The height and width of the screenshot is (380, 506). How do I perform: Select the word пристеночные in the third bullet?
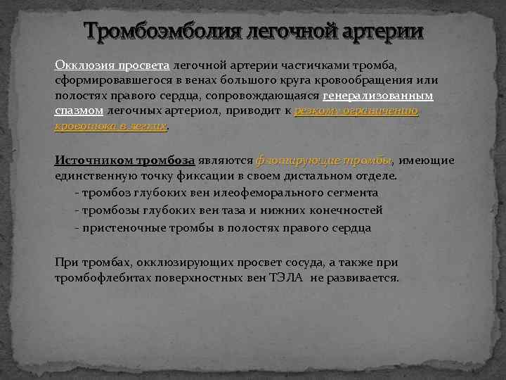click(x=124, y=227)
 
